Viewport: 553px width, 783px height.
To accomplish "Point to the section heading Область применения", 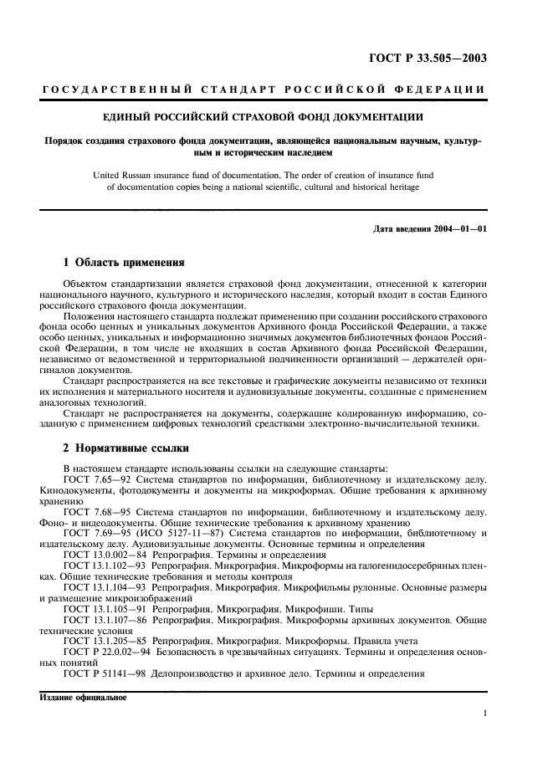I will click(x=128, y=261).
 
